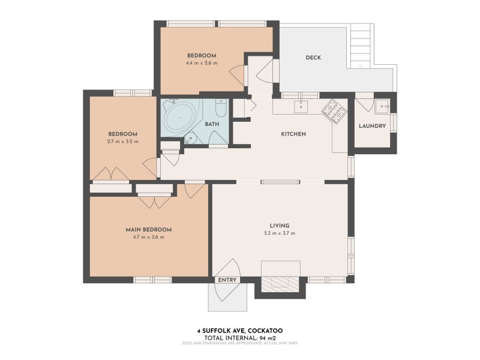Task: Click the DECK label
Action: pyautogui.click(x=313, y=58)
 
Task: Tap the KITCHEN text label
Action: pyautogui.click(x=294, y=134)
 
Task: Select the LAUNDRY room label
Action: pyautogui.click(x=372, y=126)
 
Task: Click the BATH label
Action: pyautogui.click(x=212, y=124)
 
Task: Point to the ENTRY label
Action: pyautogui.click(x=228, y=280)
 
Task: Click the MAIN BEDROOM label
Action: pyautogui.click(x=149, y=229)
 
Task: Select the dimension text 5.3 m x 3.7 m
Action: pyautogui.click(x=280, y=233)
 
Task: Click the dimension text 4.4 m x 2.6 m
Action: pyautogui.click(x=202, y=62)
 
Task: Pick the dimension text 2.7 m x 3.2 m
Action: pyautogui.click(x=123, y=142)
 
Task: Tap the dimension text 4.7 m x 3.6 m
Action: pyautogui.click(x=149, y=237)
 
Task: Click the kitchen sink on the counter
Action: pyautogui.click(x=301, y=106)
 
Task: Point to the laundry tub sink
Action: pyautogui.click(x=382, y=107)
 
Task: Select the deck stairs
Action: pyautogui.click(x=362, y=45)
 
